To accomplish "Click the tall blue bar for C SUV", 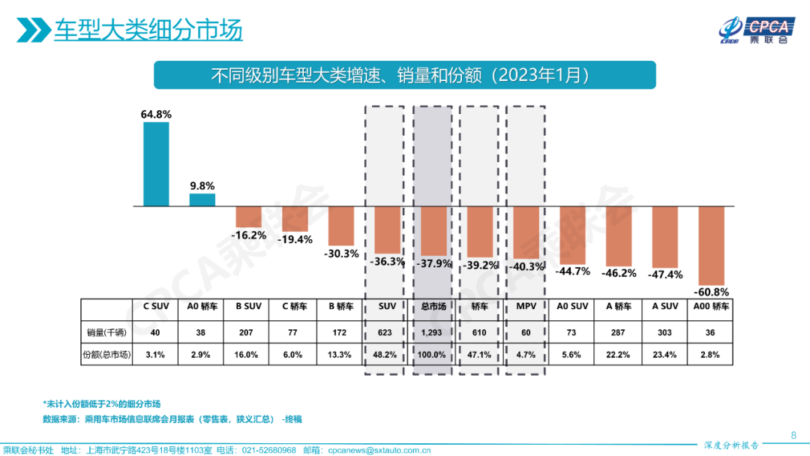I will (x=156, y=163).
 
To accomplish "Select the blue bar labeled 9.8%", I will (x=202, y=199).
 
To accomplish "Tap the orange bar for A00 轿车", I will (x=711, y=244).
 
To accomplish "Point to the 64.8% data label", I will (x=156, y=115).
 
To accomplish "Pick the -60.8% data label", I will (x=711, y=291).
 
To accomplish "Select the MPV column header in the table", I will (x=526, y=307).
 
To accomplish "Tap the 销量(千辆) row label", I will (x=106, y=332).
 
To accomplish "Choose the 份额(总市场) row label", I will (x=106, y=355).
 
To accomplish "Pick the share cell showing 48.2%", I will (x=386, y=355).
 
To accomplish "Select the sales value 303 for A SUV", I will (x=664, y=332).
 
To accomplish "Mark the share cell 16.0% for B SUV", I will (x=248, y=355).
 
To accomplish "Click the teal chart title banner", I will (x=404, y=76).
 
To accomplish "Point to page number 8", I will (x=793, y=435).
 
